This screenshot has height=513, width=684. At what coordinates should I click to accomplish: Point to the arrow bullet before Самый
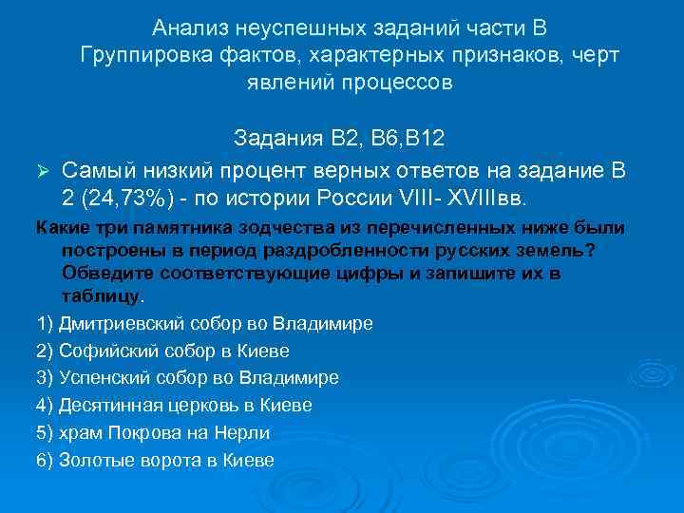(x=41, y=171)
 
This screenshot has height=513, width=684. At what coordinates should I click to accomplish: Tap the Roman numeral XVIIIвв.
(x=493, y=200)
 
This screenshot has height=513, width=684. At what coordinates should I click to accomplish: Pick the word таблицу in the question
(x=101, y=294)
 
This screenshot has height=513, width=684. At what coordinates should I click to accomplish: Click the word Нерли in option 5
(x=246, y=432)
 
